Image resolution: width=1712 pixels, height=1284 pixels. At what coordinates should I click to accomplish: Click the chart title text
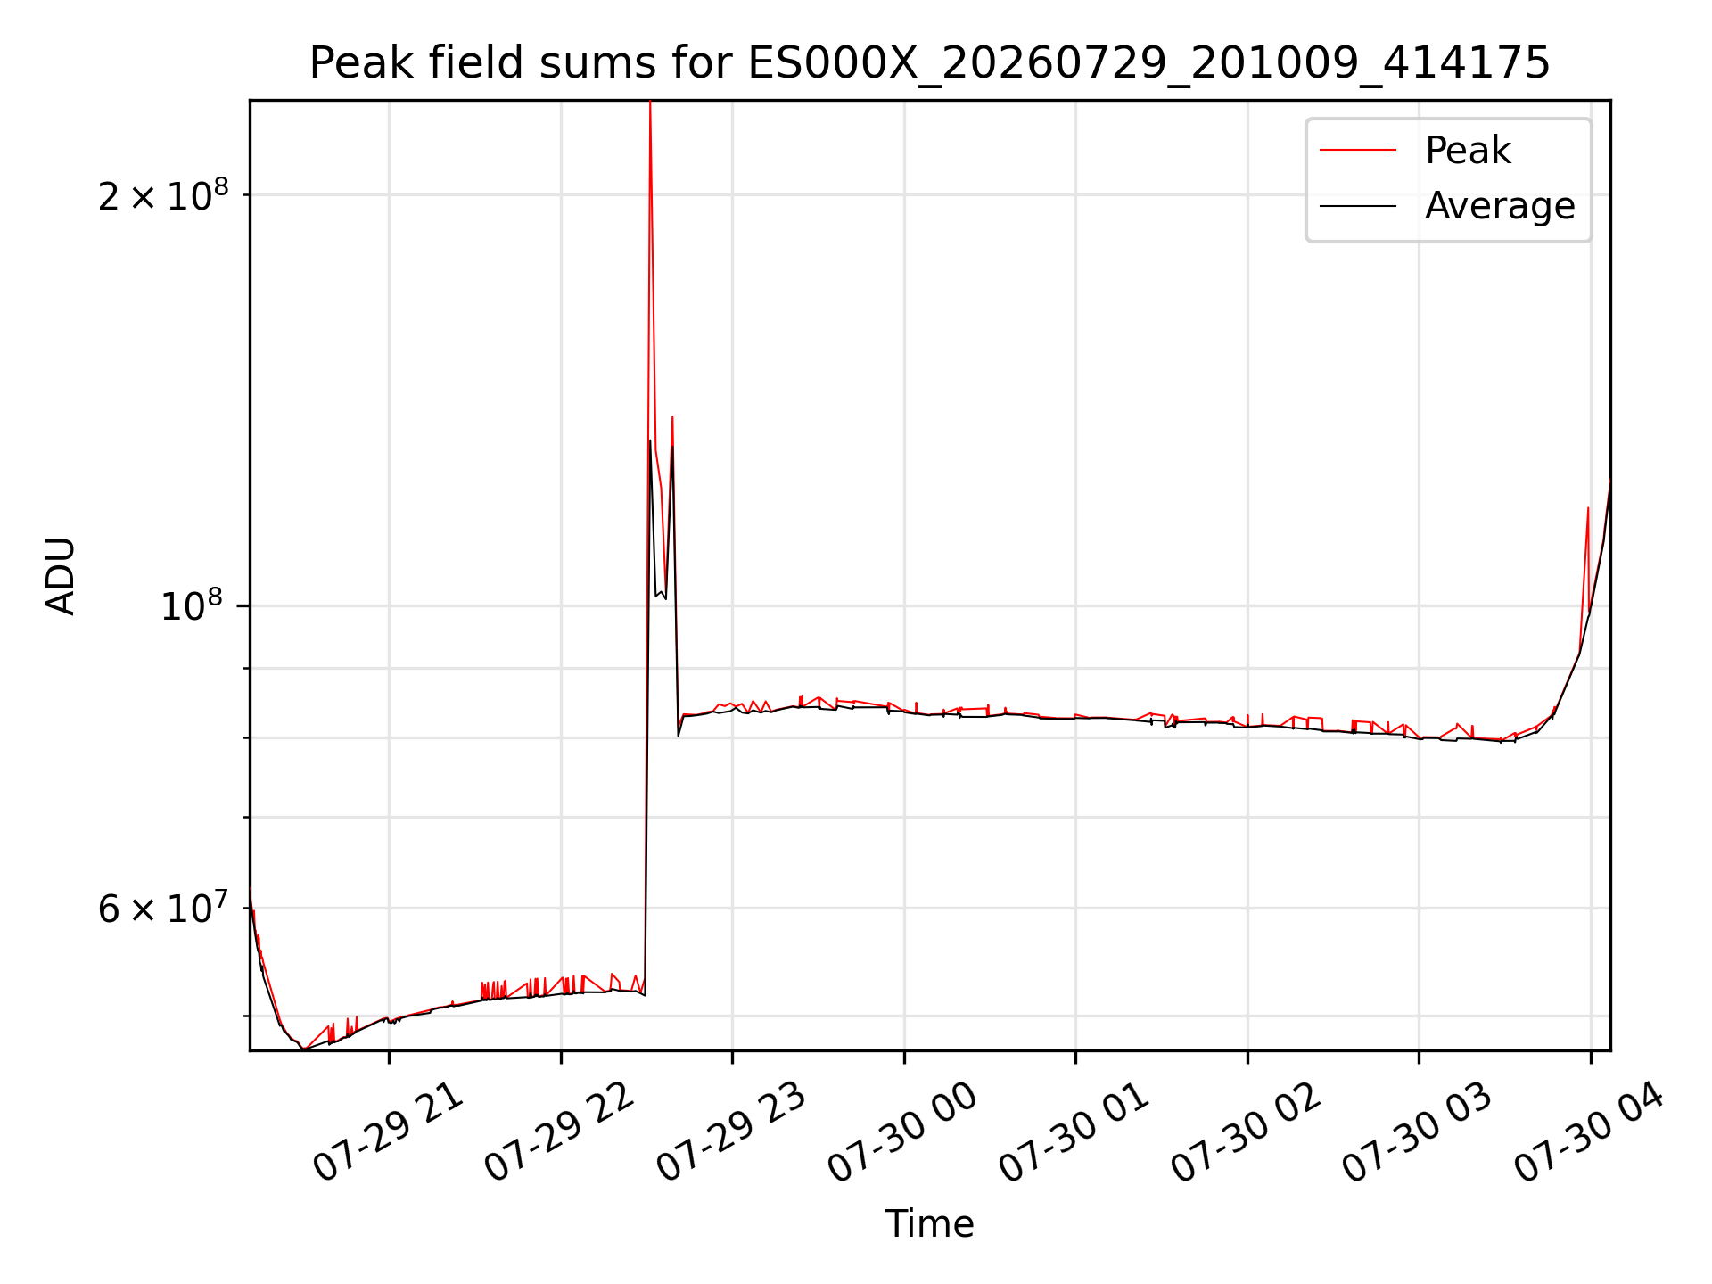pyautogui.click(x=930, y=63)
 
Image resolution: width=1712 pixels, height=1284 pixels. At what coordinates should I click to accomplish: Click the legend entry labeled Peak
pyautogui.click(x=1468, y=151)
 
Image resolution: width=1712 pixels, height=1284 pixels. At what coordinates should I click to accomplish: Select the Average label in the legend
pyautogui.click(x=1500, y=206)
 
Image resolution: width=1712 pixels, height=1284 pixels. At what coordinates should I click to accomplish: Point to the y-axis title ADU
pyautogui.click(x=61, y=576)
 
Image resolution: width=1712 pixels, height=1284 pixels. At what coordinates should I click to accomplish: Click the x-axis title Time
pyautogui.click(x=929, y=1223)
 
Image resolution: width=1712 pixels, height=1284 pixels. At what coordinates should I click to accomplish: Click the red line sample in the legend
pyautogui.click(x=1358, y=150)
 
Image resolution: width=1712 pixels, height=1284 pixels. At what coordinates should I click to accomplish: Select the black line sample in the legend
pyautogui.click(x=1358, y=206)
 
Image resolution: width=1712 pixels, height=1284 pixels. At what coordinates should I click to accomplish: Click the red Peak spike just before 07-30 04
pyautogui.click(x=1588, y=509)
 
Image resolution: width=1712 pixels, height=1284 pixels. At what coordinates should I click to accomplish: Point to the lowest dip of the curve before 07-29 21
pyautogui.click(x=304, y=1049)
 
